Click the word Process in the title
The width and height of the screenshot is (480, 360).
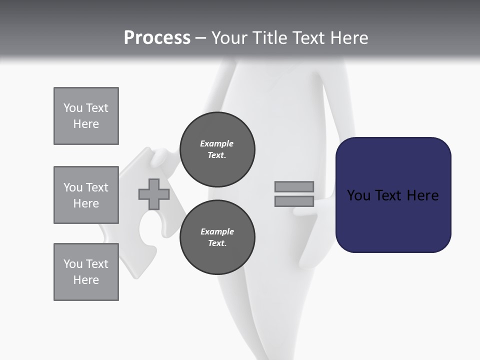[157, 38]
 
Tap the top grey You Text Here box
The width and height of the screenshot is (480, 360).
[86, 116]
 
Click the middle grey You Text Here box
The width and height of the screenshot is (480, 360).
[86, 195]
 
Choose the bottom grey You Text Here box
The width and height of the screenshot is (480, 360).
[86, 272]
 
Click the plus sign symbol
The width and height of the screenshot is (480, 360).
[154, 194]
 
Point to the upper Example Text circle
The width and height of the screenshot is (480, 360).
[217, 149]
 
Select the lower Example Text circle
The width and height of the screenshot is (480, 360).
[217, 237]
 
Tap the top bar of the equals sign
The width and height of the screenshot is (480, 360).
[294, 186]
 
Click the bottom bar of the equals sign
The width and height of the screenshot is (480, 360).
[294, 201]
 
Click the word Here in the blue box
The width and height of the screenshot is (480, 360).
[422, 195]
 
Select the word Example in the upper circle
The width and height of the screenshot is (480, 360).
[217, 143]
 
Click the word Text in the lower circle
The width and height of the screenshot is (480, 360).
[217, 243]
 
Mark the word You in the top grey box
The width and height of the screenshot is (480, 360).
[72, 108]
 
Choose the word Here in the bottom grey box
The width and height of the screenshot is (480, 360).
[86, 280]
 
